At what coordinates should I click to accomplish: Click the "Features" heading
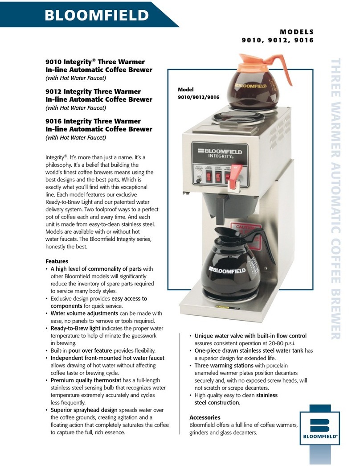point(57,261)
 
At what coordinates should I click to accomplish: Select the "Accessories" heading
point(205,417)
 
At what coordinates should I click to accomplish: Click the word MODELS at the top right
point(297,32)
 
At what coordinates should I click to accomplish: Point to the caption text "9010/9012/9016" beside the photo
point(198,97)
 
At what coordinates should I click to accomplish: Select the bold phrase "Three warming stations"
point(221,365)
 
